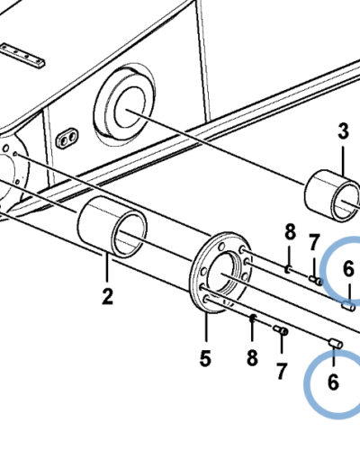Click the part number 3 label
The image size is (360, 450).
[x=343, y=131]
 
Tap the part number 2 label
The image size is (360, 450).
[x=107, y=296]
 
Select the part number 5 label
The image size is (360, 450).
[x=205, y=358]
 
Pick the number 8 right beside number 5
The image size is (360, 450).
[x=252, y=357]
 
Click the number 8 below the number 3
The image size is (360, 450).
[x=290, y=231]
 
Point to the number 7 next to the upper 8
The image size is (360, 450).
[x=313, y=242]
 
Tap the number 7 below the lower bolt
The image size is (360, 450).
[x=282, y=371]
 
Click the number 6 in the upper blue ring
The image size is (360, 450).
[x=348, y=269]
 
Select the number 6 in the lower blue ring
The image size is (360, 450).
[x=333, y=382]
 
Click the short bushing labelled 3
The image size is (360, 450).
[x=332, y=196]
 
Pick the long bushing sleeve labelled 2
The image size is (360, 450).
[x=112, y=227]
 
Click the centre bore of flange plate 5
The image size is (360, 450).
[x=221, y=274]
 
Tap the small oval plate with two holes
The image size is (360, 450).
[x=67, y=138]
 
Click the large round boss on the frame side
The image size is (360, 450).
[x=125, y=104]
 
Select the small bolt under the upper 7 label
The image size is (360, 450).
[x=316, y=281]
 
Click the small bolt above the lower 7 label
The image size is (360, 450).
[x=281, y=330]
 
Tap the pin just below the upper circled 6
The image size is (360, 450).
[x=348, y=307]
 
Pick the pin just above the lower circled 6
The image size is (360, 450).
[x=336, y=343]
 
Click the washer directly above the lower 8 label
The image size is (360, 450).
[x=253, y=318]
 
